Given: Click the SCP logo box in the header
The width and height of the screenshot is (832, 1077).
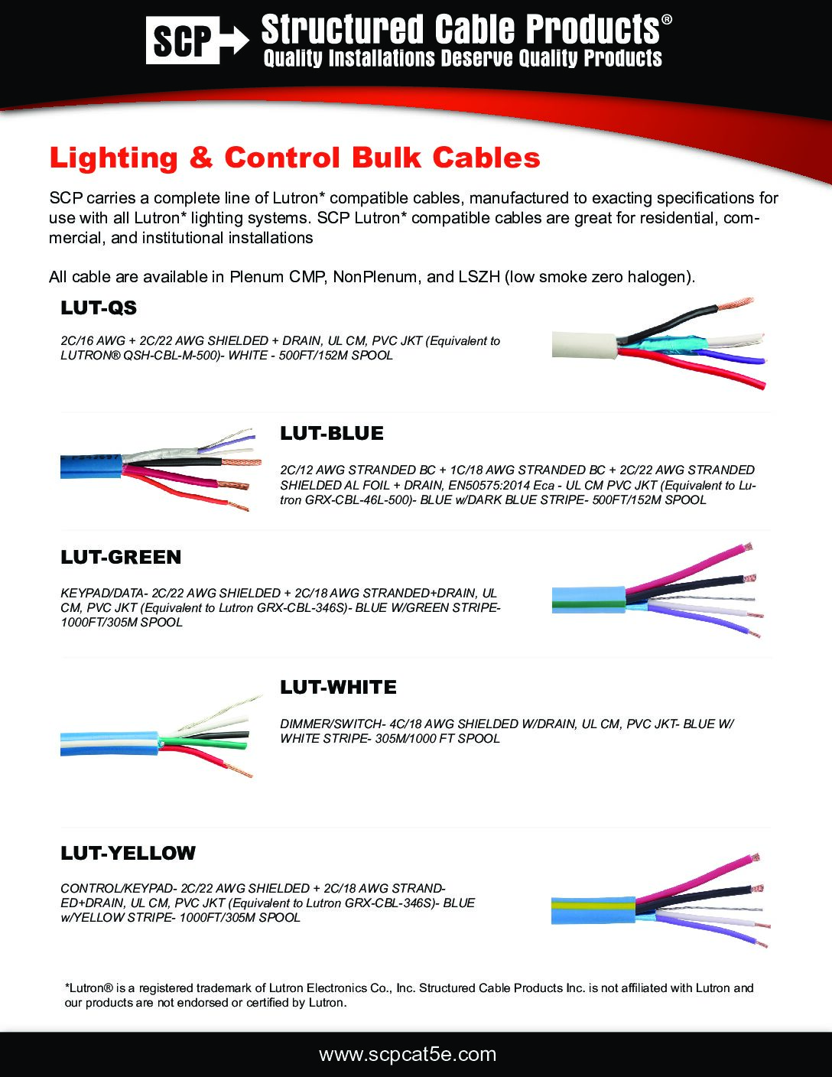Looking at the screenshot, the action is [183, 40].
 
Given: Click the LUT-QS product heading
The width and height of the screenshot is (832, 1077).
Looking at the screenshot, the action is [99, 307].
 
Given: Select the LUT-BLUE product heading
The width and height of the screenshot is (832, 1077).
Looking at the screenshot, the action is [332, 433].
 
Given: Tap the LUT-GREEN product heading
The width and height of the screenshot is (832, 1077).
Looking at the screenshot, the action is [121, 557].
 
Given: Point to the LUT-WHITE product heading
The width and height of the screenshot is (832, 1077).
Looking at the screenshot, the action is [338, 688].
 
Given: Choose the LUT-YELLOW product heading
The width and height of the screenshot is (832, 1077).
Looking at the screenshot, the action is [128, 853].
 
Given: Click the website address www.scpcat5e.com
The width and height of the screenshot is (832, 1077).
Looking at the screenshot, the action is [408, 1054].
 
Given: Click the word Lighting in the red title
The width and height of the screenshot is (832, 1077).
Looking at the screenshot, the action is [113, 158].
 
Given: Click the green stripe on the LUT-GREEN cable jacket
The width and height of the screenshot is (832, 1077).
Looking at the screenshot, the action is [589, 604].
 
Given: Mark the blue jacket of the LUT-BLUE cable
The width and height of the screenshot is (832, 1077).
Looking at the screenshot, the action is [91, 467].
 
